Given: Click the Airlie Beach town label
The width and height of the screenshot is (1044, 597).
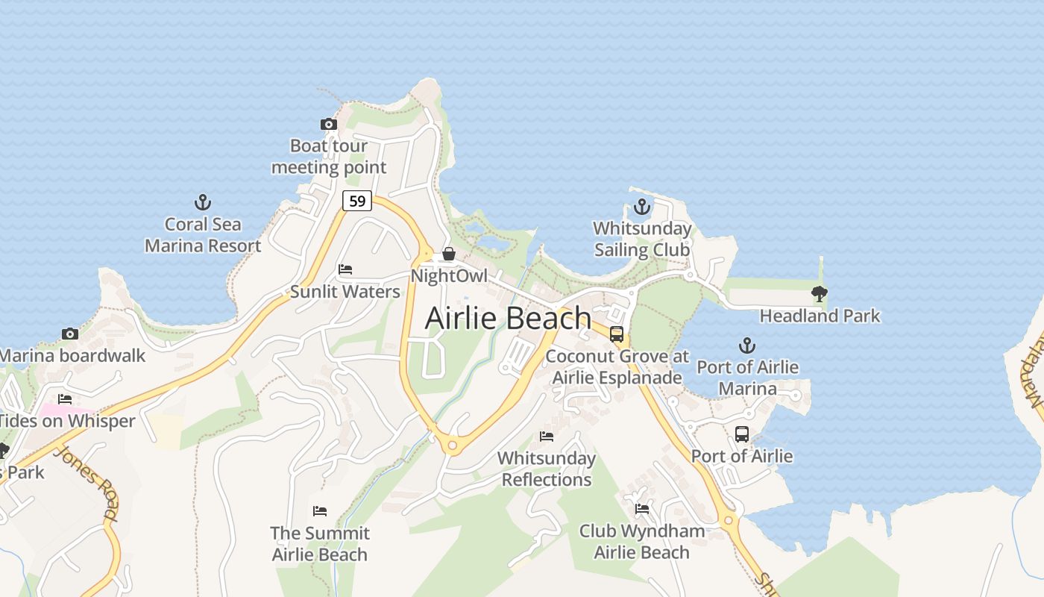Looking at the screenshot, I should [x=508, y=318].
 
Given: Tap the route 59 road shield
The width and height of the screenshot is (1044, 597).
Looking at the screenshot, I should [x=357, y=201].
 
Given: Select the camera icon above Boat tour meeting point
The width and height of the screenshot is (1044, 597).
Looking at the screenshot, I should [x=328, y=125].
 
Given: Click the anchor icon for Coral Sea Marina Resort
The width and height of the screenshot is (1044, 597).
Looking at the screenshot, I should [x=203, y=202].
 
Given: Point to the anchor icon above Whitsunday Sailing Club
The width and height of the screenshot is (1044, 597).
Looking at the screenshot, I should [x=642, y=207].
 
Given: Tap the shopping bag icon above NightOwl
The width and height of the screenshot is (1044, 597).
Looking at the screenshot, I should [x=449, y=254].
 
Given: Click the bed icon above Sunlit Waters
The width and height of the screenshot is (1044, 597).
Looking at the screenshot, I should [x=345, y=269].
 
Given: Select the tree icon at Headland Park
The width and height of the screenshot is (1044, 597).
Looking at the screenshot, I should [x=820, y=294].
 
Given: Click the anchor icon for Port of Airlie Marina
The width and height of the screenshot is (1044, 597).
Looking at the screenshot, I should [x=747, y=346].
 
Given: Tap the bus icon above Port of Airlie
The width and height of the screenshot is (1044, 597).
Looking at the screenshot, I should [x=742, y=434].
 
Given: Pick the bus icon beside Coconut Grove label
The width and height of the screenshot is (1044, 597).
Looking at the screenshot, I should [x=617, y=334].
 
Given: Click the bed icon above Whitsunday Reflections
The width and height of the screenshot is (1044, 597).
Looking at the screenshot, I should [x=547, y=437].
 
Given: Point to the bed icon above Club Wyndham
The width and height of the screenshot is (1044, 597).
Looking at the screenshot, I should [x=642, y=509].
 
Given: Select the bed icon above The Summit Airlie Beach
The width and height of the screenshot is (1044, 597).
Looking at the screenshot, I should [x=320, y=511].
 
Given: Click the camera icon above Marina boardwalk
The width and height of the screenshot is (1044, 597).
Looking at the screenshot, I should [x=70, y=334].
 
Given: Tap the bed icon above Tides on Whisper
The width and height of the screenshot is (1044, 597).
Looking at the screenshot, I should [x=66, y=399].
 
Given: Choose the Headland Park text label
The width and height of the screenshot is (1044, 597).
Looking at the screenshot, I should [x=820, y=316].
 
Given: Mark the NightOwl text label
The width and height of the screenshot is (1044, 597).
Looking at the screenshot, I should [x=449, y=276].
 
